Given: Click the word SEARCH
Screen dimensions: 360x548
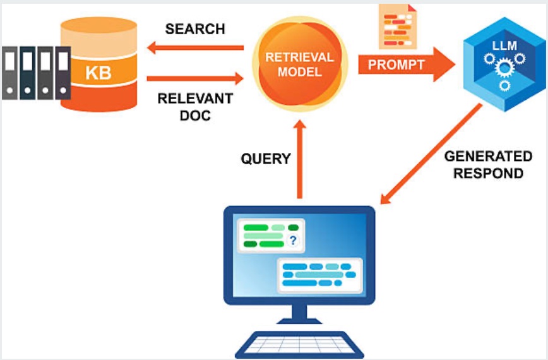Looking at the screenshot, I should click(195, 29).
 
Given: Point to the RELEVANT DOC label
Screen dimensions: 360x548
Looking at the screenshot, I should click(195, 107).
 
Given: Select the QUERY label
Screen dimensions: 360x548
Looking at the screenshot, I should click(266, 159).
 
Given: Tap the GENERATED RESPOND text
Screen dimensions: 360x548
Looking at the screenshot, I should click(488, 164).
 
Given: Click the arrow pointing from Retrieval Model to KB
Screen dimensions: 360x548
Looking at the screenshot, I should click(195, 47).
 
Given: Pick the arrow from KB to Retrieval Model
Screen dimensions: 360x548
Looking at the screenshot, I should click(195, 78).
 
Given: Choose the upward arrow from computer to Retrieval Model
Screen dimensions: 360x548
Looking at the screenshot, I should click(300, 158).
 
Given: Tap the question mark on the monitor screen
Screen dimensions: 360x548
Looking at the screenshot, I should click(292, 240).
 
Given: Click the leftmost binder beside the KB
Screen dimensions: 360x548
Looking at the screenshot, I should click(10, 73).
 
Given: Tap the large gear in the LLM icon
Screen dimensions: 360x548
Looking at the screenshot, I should click(503, 66).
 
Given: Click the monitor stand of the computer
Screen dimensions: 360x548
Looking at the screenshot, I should click(300, 315).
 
